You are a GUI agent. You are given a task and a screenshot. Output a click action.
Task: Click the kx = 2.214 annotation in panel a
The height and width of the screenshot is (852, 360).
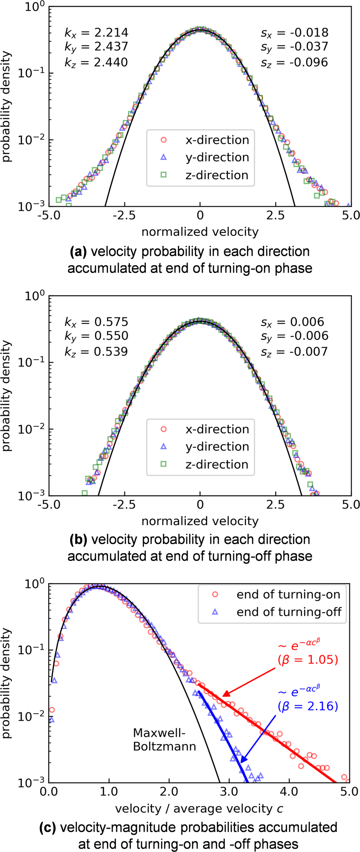[96, 33]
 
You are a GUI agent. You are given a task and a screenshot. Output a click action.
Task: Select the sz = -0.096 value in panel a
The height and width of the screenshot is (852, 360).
[294, 62]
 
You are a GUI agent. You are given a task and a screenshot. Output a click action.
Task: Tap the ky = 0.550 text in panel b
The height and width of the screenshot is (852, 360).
[96, 336]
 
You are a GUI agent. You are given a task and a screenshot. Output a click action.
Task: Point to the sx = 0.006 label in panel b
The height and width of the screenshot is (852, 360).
[292, 322]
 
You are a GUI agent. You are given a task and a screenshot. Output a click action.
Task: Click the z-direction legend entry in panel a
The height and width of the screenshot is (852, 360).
[205, 175]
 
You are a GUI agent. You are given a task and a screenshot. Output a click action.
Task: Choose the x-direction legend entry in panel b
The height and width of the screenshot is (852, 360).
[205, 429]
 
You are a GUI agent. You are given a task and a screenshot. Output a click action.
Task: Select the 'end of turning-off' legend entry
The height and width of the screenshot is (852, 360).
[278, 612]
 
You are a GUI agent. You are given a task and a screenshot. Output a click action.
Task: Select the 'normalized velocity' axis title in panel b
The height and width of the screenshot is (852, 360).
[200, 521]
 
